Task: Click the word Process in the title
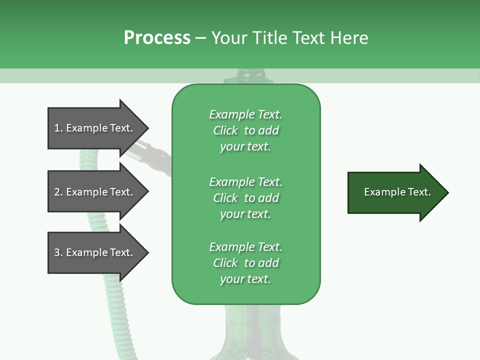tap(157, 38)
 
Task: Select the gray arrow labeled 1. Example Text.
tap(95, 128)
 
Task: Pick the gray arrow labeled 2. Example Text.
tap(95, 192)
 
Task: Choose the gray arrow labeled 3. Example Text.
tap(95, 252)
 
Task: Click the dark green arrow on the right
tap(395, 192)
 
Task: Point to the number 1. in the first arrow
tap(59, 128)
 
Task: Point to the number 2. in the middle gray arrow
tap(59, 192)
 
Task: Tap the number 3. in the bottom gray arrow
tap(59, 252)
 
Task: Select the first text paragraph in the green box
tap(245, 130)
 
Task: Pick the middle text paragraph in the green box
tap(245, 198)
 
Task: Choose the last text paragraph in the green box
tap(245, 263)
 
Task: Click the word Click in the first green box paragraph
tap(225, 130)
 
